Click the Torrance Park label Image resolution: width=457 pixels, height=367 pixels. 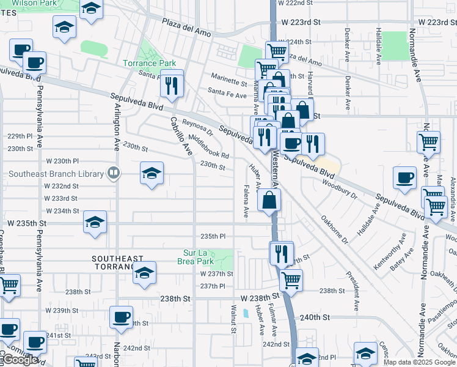(x=149, y=63)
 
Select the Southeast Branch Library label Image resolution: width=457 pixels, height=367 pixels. (x=56, y=173)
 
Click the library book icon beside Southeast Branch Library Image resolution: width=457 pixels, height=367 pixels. (x=113, y=173)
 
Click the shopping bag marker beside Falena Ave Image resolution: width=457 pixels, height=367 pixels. (x=269, y=200)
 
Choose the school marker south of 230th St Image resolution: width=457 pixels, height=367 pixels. (x=152, y=174)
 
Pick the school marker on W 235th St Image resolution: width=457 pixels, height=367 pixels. (x=95, y=223)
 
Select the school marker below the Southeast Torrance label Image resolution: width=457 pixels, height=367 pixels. (x=144, y=274)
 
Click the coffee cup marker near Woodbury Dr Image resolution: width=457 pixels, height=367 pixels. (x=404, y=178)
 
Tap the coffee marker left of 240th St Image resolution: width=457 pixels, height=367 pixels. (x=121, y=318)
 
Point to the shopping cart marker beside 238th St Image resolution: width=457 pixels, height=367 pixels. (x=291, y=281)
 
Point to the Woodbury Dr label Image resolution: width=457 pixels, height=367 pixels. (x=339, y=188)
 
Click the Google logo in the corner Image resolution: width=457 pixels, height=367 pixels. (x=21, y=360)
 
